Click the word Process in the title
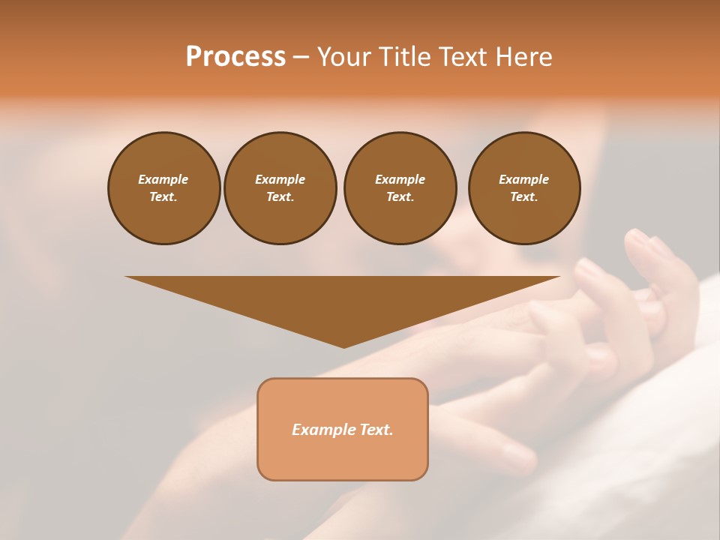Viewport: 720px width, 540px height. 235,57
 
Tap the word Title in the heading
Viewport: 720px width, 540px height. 406,57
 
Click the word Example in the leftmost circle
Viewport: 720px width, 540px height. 163,179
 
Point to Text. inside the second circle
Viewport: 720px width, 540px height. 280,196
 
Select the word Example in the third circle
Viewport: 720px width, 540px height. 400,179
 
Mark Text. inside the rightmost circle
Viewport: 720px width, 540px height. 523,196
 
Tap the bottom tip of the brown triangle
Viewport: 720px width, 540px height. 343,346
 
